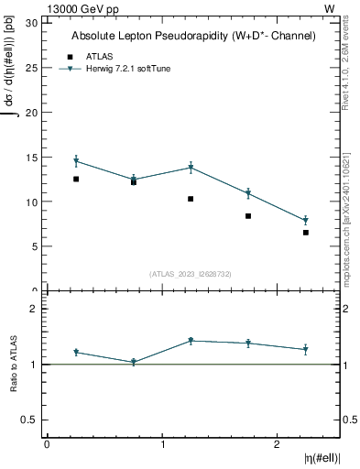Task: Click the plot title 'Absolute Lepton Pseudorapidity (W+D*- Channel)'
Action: pyautogui.click(x=193, y=36)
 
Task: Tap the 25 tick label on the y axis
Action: pyautogui.click(x=34, y=68)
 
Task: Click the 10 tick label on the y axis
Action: pyautogui.click(x=34, y=202)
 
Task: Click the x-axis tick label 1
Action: pyautogui.click(x=162, y=444)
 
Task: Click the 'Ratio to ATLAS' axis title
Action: pyautogui.click(x=15, y=364)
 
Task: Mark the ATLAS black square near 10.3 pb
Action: pyautogui.click(x=191, y=199)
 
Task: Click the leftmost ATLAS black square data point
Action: pyautogui.click(x=76, y=179)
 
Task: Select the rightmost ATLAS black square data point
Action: pyautogui.click(x=305, y=233)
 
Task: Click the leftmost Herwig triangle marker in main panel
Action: pyautogui.click(x=76, y=161)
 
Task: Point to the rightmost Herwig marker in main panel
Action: pyautogui.click(x=305, y=221)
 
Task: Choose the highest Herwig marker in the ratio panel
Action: pyautogui.click(x=191, y=341)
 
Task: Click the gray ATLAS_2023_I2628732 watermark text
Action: pyautogui.click(x=191, y=274)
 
